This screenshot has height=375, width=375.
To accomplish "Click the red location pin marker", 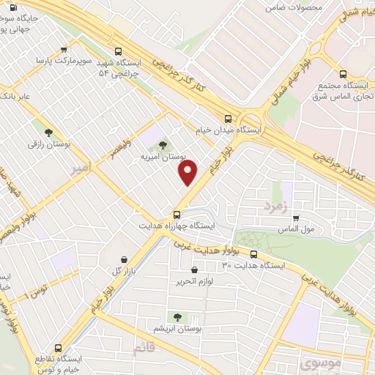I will (188, 172).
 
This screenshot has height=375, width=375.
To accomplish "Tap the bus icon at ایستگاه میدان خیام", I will (228, 119).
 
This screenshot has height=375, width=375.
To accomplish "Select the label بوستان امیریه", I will (163, 157).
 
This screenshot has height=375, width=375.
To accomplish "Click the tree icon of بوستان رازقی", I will (48, 133).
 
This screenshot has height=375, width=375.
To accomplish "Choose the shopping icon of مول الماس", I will (295, 218).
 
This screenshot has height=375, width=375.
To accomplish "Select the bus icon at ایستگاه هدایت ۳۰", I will (253, 255).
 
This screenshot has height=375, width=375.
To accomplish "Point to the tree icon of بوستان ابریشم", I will (176, 316).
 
